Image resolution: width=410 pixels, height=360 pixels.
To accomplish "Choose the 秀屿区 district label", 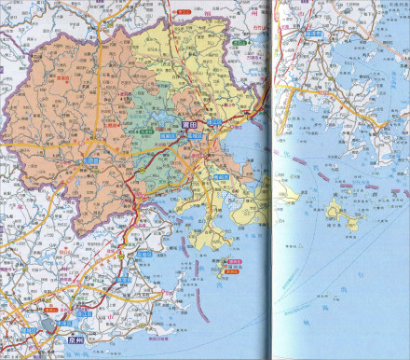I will pyautogui.click(x=222, y=177).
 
